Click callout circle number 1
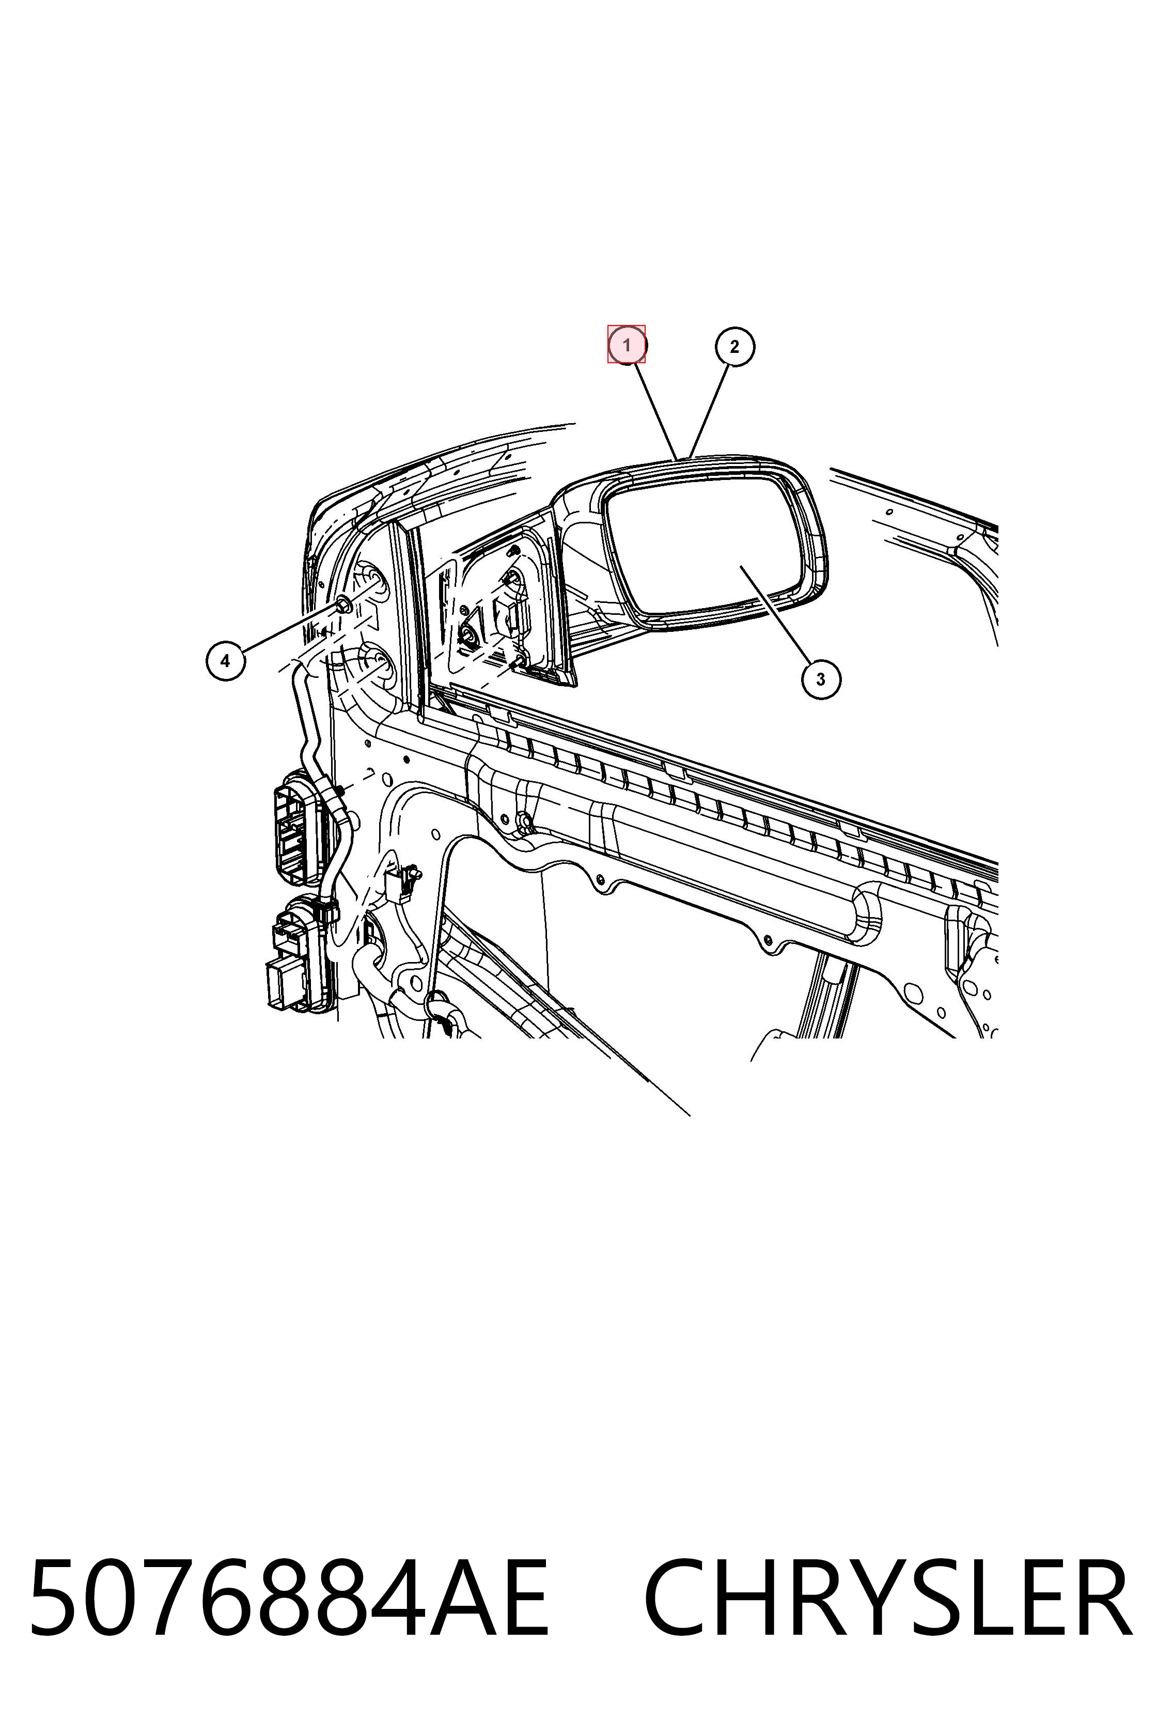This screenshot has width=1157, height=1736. pos(627,345)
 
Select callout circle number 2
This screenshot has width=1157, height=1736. pos(734,346)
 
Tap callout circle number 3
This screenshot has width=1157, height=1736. pos(821,679)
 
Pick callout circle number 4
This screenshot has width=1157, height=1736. pos(225,661)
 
